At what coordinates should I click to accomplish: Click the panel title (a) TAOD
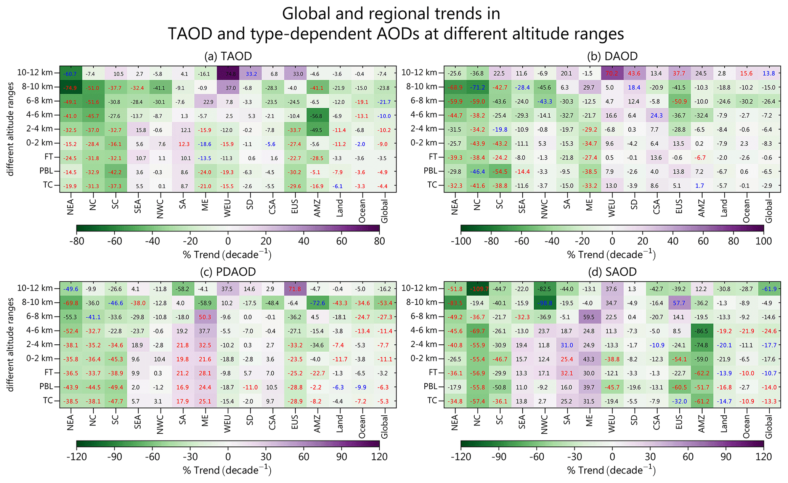pyautogui.click(x=228, y=57)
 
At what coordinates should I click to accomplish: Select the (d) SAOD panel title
pyautogui.click(x=612, y=272)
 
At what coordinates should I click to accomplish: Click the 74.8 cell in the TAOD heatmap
pyautogui.click(x=228, y=74)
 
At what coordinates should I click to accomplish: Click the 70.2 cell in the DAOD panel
pyautogui.click(x=612, y=74)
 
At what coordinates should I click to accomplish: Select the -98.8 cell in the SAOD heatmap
pyautogui.click(x=545, y=303)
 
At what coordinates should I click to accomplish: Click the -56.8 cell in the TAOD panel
pyautogui.click(x=317, y=116)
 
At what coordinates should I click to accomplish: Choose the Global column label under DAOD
pyautogui.click(x=769, y=211)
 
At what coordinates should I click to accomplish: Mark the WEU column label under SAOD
pyautogui.click(x=612, y=424)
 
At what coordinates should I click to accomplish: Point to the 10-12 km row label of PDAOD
pyautogui.click(x=35, y=288)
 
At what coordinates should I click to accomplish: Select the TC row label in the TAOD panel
pyautogui.click(x=48, y=185)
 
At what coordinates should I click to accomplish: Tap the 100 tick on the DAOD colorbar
pyautogui.click(x=764, y=241)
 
